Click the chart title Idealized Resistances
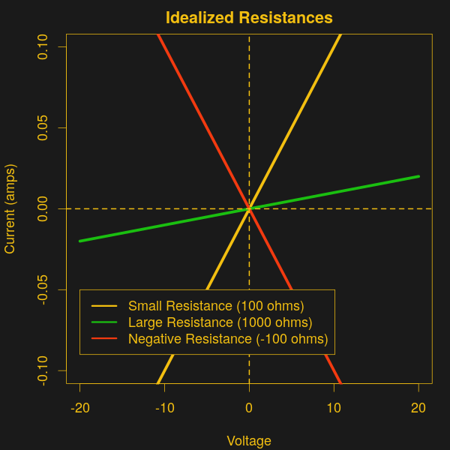249,17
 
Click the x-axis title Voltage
249,440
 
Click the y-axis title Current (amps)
10,208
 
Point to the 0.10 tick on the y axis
42,46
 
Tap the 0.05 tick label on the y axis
42,127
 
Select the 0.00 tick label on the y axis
42,208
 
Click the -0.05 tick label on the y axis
42,289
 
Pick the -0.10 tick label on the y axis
42,370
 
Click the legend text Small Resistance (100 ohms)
216,306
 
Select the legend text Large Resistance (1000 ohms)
220,322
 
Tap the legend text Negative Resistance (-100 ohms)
228,339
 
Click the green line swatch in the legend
104,322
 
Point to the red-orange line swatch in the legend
104,339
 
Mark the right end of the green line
418,176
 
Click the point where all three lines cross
249,208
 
